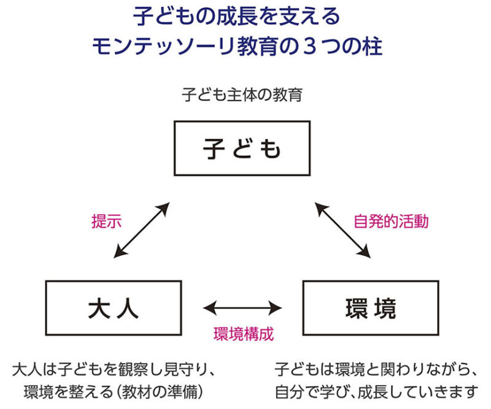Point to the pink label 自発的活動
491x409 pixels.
click(x=391, y=221)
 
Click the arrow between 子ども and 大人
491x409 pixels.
click(x=142, y=230)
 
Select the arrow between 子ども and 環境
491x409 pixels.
click(x=344, y=230)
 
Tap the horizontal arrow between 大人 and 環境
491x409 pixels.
click(x=242, y=308)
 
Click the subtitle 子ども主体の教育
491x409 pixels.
click(x=242, y=96)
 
